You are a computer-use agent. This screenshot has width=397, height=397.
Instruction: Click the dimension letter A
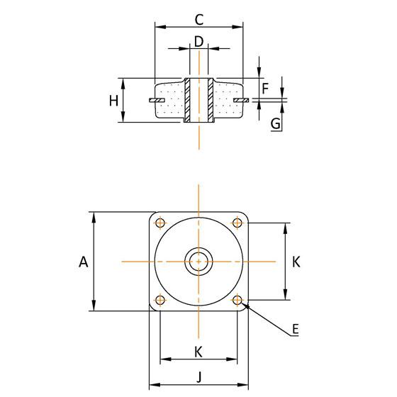pos(83,262)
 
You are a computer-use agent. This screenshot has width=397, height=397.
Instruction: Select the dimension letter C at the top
pos(199,18)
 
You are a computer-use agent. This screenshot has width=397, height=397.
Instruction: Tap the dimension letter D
pos(199,42)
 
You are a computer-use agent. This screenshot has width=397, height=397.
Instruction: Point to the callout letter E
pos(296,329)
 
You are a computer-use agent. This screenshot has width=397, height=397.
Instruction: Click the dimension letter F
pos(265,89)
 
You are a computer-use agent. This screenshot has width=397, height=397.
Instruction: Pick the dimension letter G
pos(276,123)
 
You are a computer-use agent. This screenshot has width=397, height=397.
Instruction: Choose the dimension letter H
pos(113,101)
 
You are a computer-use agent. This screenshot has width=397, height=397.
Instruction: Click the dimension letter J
pos(199,378)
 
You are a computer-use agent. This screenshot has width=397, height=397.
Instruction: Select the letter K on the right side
pos(296,262)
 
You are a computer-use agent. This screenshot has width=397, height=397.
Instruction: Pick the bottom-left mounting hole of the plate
pos(160,300)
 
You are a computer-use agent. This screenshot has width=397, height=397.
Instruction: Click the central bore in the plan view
pos(199,262)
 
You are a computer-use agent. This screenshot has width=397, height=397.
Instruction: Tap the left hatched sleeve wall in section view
pos(187,99)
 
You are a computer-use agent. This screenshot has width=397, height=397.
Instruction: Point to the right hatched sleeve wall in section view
pos(211,99)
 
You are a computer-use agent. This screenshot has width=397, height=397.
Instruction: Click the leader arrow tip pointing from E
pos(245,306)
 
